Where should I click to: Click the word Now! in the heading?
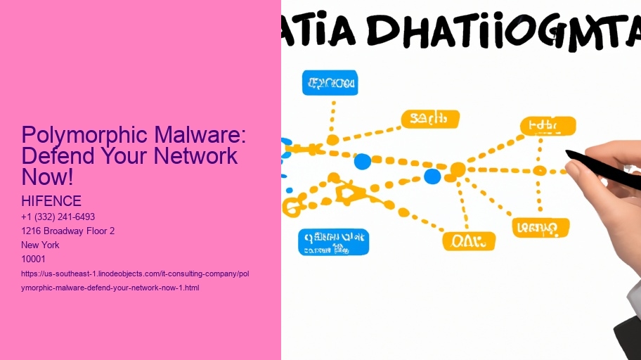point(48,176)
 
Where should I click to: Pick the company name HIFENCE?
point(51,202)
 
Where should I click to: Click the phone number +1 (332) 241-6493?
point(58,217)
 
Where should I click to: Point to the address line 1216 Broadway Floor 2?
point(68,231)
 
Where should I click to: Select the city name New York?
point(41,245)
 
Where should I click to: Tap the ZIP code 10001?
point(34,259)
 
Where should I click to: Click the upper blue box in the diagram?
point(330,83)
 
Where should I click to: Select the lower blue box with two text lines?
point(333,242)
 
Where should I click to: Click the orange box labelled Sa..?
point(429,119)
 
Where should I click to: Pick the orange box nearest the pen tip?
point(548,127)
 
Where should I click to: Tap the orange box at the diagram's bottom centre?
point(468,241)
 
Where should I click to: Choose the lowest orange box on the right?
point(540,228)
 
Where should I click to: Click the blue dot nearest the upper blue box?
point(362,162)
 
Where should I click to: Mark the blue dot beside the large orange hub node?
point(432,176)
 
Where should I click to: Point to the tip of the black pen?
point(568,152)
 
